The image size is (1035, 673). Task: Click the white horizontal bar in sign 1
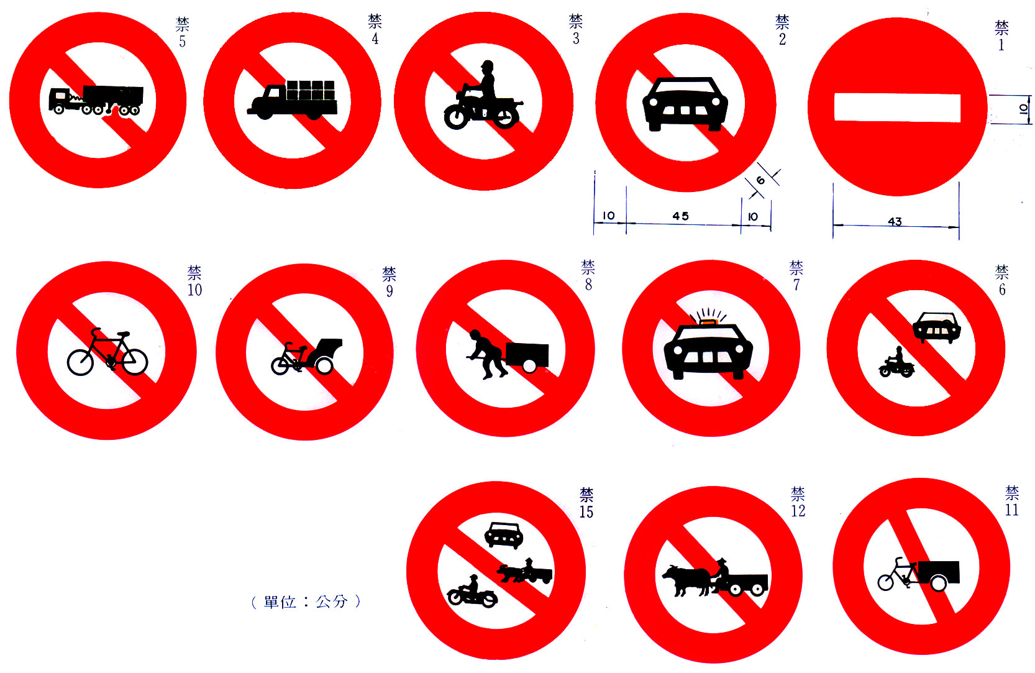897,108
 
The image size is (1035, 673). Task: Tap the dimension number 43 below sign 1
895,221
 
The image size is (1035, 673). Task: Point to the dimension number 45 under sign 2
681,216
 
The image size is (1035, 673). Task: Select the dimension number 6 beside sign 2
760,180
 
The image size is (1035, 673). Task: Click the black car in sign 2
685,104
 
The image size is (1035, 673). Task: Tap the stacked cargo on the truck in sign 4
311,90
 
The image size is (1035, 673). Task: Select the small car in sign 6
937,327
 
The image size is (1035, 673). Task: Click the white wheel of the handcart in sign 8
529,367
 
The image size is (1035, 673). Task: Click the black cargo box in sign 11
939,571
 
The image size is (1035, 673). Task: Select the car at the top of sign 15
504,535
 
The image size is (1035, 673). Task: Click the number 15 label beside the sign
586,511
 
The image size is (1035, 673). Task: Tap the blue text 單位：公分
306,602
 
